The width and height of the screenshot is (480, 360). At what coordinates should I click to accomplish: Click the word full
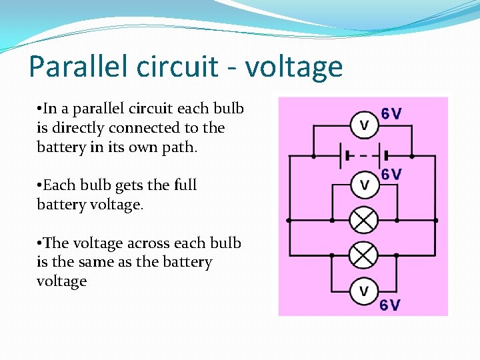(184, 185)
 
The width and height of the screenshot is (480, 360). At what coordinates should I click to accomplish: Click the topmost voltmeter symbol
(364, 125)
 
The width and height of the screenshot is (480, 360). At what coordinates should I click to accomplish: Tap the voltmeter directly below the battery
(364, 185)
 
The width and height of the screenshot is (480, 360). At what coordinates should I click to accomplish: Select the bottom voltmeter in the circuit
(364, 291)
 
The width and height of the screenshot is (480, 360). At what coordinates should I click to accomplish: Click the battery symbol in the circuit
(361, 157)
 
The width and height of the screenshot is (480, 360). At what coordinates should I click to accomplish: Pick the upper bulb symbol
(364, 220)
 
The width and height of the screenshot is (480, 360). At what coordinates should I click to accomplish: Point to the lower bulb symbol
(364, 255)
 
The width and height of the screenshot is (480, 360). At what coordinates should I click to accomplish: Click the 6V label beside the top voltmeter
(391, 113)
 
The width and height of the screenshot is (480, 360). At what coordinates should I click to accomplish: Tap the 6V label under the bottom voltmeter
(391, 305)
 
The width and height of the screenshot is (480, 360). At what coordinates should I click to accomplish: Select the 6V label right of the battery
(391, 175)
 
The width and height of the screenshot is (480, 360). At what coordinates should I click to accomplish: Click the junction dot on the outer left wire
(289, 220)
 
